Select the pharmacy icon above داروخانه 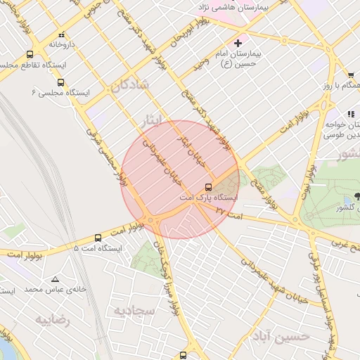coord(62,34)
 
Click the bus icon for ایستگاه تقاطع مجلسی coord(30,54)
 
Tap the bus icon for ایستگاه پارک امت coord(208,187)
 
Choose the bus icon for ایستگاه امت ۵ coord(98,238)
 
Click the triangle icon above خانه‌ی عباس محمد coord(55,278)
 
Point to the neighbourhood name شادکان coord(129,85)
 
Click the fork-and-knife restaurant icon coord(350,114)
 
